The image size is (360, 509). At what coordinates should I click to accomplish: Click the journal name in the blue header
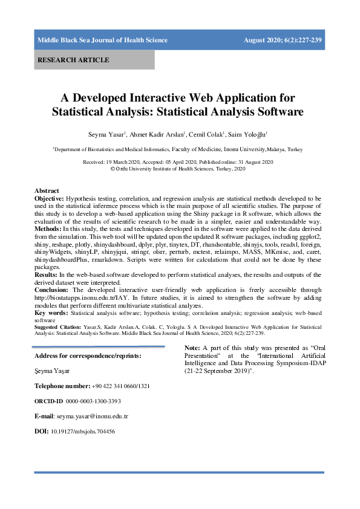click(x=102, y=41)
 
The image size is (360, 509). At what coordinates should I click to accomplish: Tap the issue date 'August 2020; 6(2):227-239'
click(x=283, y=41)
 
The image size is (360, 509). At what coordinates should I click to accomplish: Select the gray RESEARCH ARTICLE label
click(x=73, y=60)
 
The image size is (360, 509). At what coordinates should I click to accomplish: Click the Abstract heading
click(x=47, y=191)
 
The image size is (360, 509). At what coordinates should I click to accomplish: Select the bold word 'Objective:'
click(x=49, y=198)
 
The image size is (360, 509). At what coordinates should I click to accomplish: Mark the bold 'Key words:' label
click(x=51, y=314)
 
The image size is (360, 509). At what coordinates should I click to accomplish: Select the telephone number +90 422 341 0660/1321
click(x=121, y=385)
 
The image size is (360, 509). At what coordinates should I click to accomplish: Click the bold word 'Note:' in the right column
click(x=192, y=349)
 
